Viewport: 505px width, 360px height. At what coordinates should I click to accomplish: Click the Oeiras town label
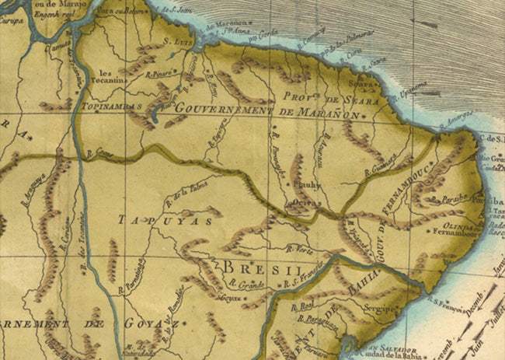[298, 204]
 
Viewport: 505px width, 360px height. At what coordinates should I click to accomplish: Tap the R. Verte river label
[298, 249]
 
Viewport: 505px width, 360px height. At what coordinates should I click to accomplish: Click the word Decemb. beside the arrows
[472, 304]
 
